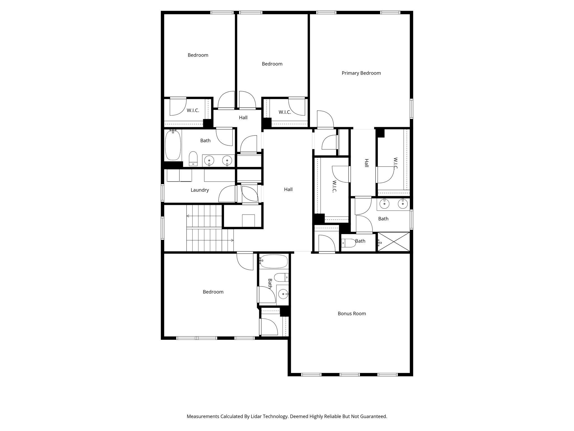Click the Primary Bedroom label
[x=361, y=73]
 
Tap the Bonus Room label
[x=351, y=314]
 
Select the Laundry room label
[x=200, y=190]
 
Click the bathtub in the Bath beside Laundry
[x=173, y=145]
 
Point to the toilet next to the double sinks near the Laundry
[x=193, y=159]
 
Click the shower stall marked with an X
[x=394, y=242]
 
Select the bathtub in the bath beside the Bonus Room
[x=274, y=262]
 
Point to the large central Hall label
[x=288, y=190]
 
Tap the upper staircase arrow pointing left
[x=188, y=216]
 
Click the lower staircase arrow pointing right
[x=232, y=240]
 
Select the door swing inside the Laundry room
[x=227, y=194]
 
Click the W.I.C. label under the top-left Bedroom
[x=193, y=111]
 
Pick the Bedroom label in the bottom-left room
[x=213, y=292]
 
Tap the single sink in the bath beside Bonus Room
[x=283, y=294]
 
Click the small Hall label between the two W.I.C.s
[x=243, y=118]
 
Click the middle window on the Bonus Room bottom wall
[x=350, y=374]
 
